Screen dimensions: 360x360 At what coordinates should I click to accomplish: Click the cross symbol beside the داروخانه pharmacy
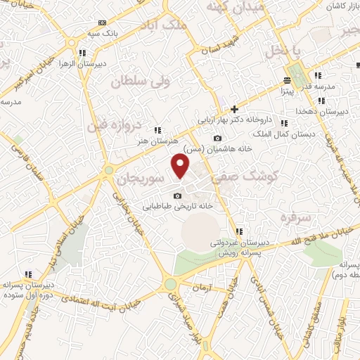pos(234,109)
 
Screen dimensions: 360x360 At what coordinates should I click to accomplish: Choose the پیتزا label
pos(287,91)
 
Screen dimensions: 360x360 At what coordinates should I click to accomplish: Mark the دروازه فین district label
pos(115,127)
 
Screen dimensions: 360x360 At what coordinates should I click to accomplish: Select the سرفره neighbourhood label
pos(296,217)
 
